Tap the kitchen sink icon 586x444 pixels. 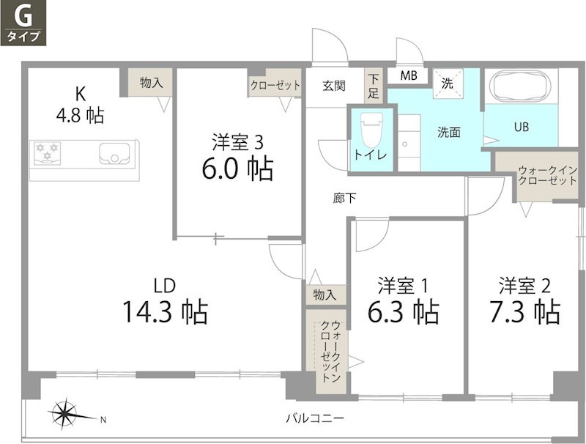pyautogui.click(x=114, y=154)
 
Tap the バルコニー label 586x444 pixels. pyautogui.click(x=315, y=418)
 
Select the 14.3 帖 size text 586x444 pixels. pyautogui.click(x=165, y=312)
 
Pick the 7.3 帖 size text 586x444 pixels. pyautogui.click(x=525, y=312)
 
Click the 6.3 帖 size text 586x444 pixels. pyautogui.click(x=404, y=312)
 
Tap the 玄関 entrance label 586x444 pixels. pyautogui.click(x=333, y=86)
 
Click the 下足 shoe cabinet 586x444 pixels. pyautogui.click(x=374, y=86)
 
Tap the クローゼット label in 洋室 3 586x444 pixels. pyautogui.click(x=275, y=86)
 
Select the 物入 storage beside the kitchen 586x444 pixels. pyautogui.click(x=151, y=83)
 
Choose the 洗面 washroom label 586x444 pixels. pyautogui.click(x=449, y=133)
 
